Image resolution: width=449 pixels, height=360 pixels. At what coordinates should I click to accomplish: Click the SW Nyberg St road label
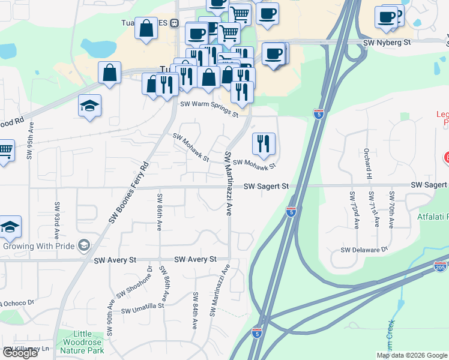tap(389, 43)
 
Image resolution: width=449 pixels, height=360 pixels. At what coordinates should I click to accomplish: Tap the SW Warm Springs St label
tap(209, 109)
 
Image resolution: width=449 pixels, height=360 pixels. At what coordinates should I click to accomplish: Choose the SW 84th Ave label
tap(195, 310)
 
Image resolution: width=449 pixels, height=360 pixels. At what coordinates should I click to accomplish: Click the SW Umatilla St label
tap(142, 308)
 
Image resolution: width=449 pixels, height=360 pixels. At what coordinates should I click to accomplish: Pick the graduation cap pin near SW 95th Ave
tap(90, 107)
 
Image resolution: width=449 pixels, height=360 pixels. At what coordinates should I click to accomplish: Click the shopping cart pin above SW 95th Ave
tap(5, 151)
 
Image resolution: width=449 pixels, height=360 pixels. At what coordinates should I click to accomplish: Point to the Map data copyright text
tap(412, 355)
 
